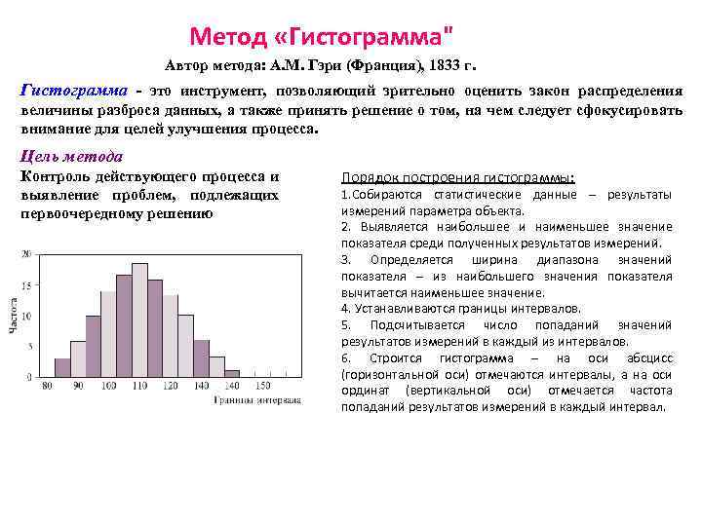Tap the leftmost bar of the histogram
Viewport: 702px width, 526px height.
click(x=61, y=368)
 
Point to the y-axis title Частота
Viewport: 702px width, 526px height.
click(x=15, y=316)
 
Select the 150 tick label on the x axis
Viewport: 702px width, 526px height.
click(x=262, y=387)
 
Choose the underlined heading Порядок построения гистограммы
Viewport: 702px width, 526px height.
click(x=457, y=177)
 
